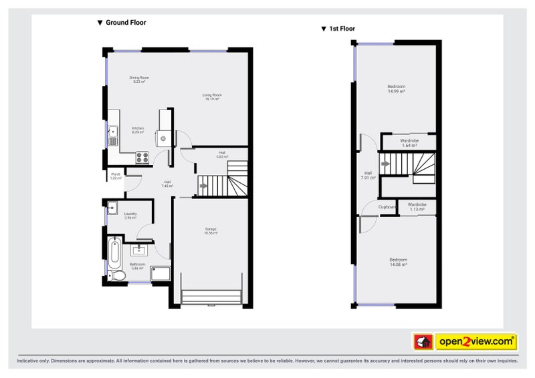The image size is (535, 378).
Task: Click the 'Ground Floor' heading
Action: [122, 23]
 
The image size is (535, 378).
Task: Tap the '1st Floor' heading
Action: [338, 29]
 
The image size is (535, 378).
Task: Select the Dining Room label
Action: [139, 79]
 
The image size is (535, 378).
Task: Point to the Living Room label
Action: [212, 97]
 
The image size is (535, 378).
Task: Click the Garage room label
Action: [211, 231]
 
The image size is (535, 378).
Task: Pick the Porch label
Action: [116, 176]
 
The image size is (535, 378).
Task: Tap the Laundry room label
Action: [130, 216]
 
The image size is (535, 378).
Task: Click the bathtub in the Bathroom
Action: [114, 252]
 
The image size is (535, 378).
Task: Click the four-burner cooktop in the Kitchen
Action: [142, 158]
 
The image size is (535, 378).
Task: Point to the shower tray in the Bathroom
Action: [160, 274]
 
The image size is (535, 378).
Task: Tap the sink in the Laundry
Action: [113, 206]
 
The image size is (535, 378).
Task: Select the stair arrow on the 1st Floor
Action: [385, 162]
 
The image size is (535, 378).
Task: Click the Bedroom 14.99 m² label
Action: [397, 89]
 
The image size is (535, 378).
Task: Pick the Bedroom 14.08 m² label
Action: [399, 262]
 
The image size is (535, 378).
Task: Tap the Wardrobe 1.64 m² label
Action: [409, 143]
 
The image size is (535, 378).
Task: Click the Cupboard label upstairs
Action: [387, 207]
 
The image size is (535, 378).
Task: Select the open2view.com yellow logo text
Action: [476, 342]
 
